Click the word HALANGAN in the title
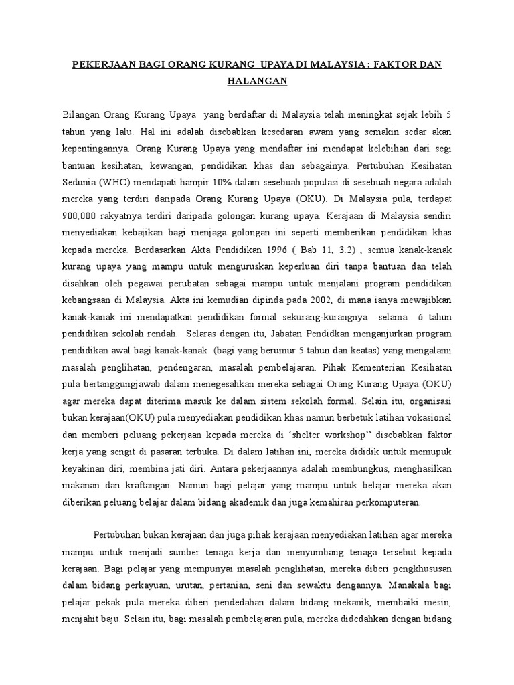point(257,81)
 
